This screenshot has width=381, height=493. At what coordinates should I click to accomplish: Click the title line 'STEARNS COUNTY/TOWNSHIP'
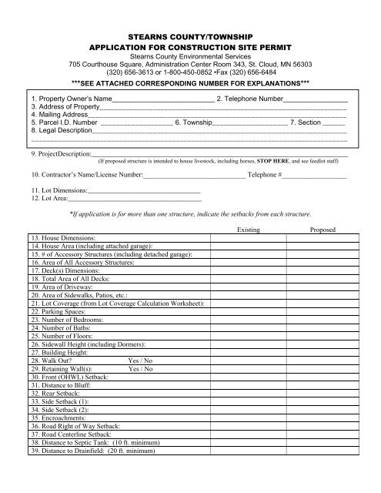coord(190,35)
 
